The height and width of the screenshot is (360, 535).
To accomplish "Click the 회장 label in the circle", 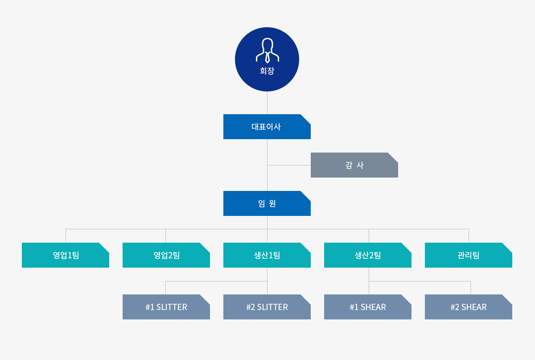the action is (267, 71).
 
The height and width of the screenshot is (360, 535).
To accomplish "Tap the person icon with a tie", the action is (267, 50).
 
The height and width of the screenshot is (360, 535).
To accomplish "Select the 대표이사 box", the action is (267, 127).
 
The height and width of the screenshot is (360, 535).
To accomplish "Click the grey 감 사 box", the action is (354, 165).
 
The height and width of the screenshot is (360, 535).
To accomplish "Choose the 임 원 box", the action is (267, 203).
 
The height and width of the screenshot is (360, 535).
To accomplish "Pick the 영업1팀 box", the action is (66, 255).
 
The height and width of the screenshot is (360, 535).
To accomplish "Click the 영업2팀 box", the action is (166, 255).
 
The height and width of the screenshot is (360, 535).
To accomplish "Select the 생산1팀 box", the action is (267, 255).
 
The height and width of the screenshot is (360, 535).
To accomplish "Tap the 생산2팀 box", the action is (367, 255).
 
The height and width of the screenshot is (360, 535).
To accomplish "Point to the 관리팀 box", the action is (469, 255).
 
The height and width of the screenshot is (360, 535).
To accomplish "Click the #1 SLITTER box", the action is (166, 307).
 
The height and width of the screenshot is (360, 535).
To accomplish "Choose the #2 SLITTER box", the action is (267, 307).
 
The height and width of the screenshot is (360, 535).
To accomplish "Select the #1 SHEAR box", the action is (367, 307).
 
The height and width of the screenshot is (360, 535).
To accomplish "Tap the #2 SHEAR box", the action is (469, 307).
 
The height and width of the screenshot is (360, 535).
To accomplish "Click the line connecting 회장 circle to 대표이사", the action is (267, 103).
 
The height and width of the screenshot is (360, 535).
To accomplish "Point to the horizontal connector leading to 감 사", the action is (289, 165).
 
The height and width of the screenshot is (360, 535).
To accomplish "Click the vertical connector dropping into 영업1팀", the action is (66, 236).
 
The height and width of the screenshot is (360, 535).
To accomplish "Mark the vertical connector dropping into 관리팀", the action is (469, 236).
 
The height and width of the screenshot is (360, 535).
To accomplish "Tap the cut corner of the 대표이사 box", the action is (306, 119).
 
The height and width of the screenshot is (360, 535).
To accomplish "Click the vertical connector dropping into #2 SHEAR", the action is (471, 288).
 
